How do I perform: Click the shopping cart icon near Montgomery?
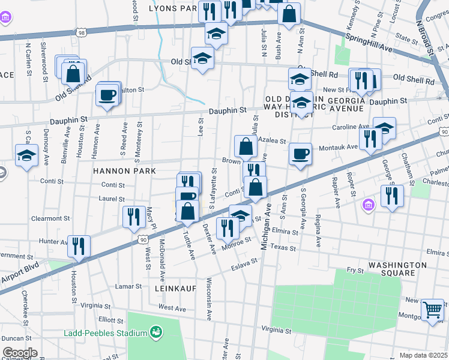(x=432, y=310)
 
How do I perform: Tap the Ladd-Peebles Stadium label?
(x=106, y=333)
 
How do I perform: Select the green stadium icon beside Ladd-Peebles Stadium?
(x=156, y=331)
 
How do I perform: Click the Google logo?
(x=20, y=353)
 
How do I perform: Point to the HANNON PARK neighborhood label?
(x=124, y=171)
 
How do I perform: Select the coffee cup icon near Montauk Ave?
(x=300, y=155)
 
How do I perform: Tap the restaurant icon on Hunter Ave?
(x=79, y=246)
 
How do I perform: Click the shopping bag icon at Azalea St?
(x=246, y=146)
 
